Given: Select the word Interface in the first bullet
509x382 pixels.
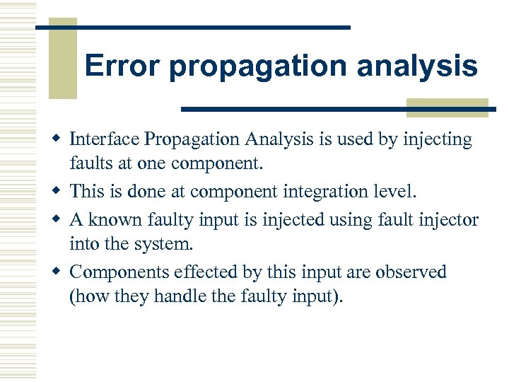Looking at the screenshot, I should pos(103,140).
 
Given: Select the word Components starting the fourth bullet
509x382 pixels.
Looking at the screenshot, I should pos(119,272).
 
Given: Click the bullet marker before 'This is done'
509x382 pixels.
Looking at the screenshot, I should pos(60,192).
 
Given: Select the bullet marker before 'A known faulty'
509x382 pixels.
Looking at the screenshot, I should pos(60,219).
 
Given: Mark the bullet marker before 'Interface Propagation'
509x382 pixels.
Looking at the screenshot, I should pos(60,140).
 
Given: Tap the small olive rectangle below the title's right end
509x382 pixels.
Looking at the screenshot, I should pos(447,107).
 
